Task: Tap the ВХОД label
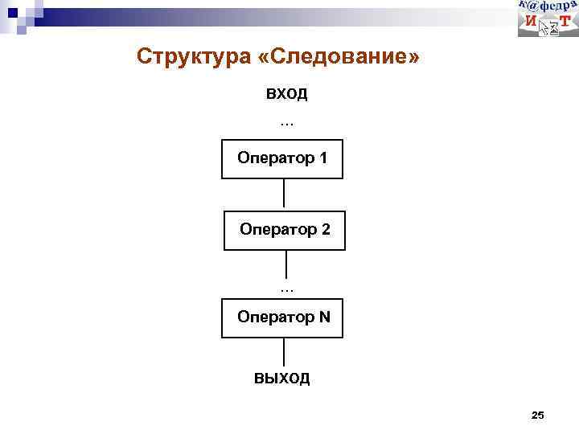tap(287, 94)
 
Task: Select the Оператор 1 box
tap(282, 159)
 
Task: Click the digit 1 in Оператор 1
tap(322, 158)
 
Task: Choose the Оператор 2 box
tap(284, 231)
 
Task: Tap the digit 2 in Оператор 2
tap(325, 229)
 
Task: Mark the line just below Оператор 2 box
tap(286, 264)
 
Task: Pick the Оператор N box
tap(282, 318)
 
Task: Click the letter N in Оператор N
tap(324, 317)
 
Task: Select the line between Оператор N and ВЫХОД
tap(284, 354)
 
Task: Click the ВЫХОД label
tap(282, 379)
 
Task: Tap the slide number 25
tap(538, 415)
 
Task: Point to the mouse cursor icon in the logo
tap(548, 27)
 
